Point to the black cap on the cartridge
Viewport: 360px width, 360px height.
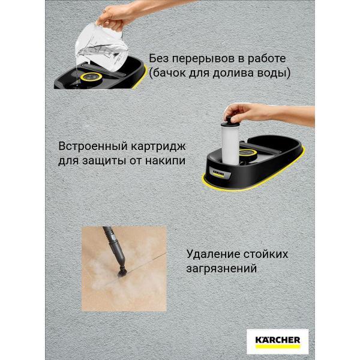pos(231,113)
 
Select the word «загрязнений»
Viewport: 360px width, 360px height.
pos(222,268)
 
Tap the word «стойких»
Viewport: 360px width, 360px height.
pos(265,253)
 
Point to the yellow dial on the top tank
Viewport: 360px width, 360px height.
pos(91,77)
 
